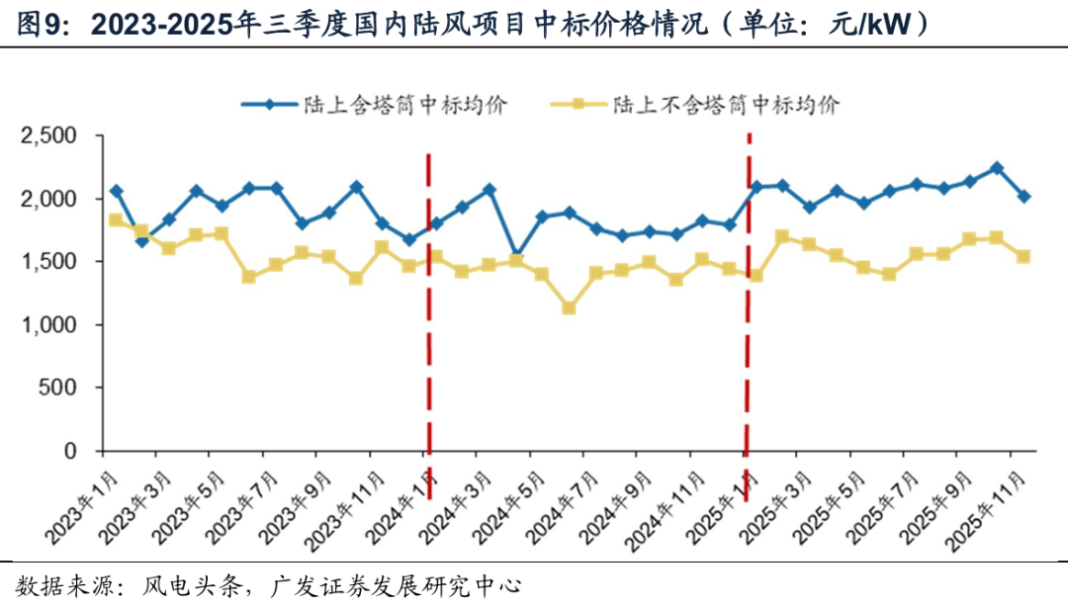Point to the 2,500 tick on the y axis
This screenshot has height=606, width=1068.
click(54, 135)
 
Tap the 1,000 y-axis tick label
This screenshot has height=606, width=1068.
click(54, 324)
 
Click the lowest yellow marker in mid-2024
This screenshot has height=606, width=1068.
click(569, 308)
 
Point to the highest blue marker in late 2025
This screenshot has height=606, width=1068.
click(997, 168)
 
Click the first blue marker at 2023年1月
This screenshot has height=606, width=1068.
click(116, 191)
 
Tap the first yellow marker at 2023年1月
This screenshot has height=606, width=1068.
click(116, 219)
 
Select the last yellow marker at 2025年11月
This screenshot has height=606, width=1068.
click(1023, 256)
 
